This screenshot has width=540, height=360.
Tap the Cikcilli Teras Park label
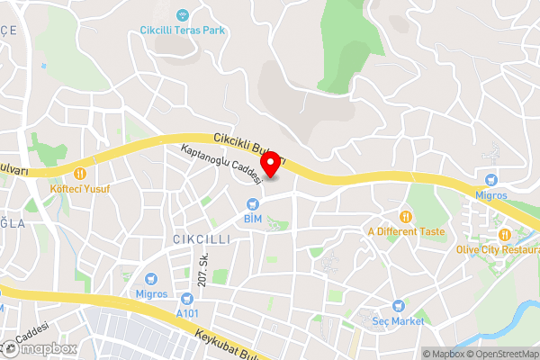click(182, 30)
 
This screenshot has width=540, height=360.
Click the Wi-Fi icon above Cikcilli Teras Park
click(182, 15)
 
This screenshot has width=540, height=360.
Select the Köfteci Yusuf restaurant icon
click(80, 172)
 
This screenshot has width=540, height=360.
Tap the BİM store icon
click(251, 202)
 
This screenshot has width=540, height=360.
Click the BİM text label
click(251, 218)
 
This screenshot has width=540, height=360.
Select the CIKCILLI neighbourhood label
click(202, 239)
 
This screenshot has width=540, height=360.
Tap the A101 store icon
click(187, 299)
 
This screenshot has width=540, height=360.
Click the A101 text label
click(187, 313)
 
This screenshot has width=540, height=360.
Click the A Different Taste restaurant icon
click(406, 216)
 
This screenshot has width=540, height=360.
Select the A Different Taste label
click(406, 231)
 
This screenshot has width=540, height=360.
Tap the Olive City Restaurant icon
click(506, 235)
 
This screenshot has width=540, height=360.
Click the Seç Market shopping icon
click(398, 306)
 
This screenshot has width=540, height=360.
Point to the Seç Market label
click(398, 320)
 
